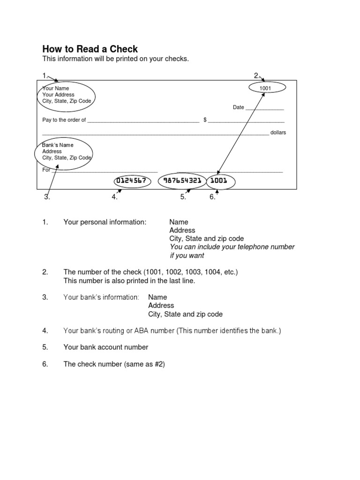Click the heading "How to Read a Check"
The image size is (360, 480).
coord(90,49)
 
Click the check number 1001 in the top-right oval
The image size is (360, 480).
coord(265,88)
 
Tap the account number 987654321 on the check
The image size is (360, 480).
coord(183,180)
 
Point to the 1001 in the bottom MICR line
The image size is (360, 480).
coord(219,180)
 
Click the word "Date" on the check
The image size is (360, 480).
coord(239,107)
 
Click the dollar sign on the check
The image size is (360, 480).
coord(205,120)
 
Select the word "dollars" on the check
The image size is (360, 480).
coord(278,133)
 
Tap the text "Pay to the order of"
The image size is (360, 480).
coord(64,120)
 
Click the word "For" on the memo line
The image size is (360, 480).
coord(46,170)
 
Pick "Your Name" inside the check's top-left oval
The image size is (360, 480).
coord(56,88)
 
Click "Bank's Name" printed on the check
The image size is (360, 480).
coord(58,145)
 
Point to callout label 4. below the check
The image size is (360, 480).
coord(114,197)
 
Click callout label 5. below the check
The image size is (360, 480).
coord(183,197)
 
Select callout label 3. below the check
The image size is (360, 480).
coord(47,197)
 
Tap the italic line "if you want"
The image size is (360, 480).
coord(187,256)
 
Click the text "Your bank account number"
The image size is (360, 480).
coord(105,347)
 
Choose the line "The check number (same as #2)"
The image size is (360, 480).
coord(114,364)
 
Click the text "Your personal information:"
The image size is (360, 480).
coord(105,222)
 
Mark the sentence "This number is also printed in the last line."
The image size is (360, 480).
coord(129,281)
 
